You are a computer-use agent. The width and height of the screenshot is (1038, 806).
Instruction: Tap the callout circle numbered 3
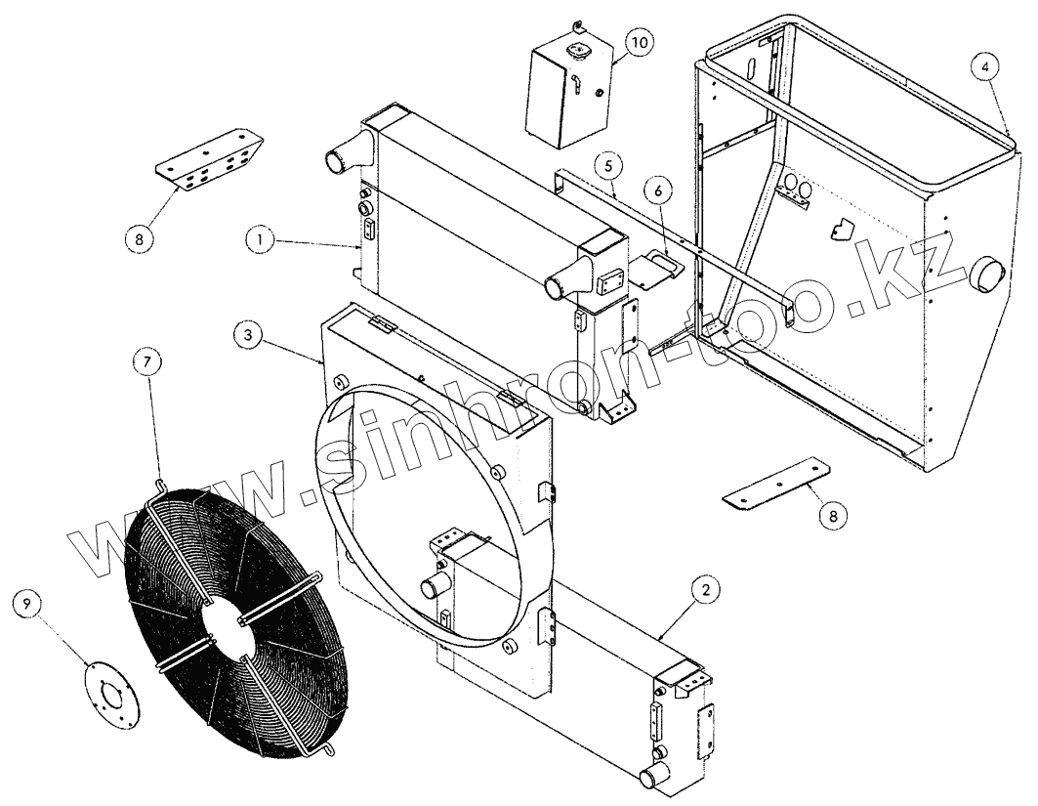tap(248, 334)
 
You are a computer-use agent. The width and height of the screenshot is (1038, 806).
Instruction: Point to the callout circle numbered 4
tap(986, 67)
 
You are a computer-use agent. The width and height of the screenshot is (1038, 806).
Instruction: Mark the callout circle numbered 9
tap(27, 605)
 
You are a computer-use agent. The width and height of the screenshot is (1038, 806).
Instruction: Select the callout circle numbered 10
tap(638, 43)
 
